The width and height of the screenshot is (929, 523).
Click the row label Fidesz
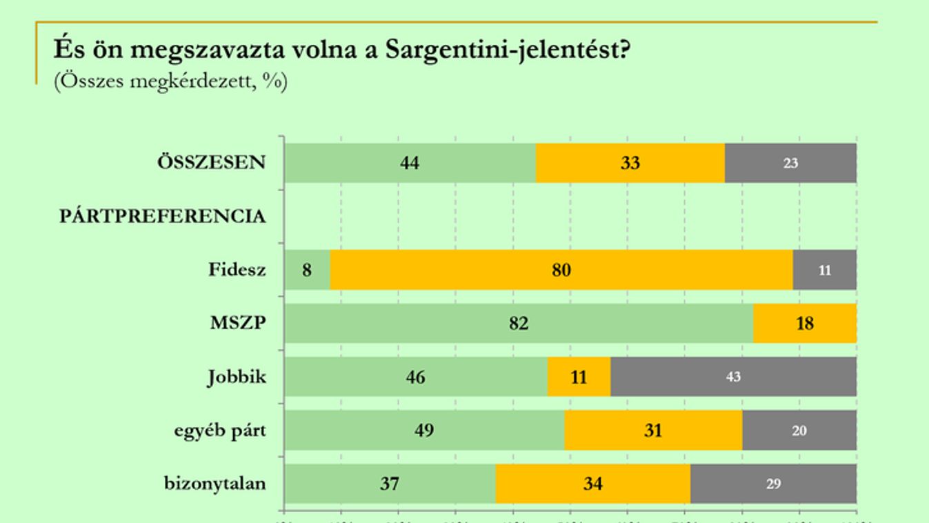pyautogui.click(x=237, y=269)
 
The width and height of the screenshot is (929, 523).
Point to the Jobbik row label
pyautogui.click(x=236, y=377)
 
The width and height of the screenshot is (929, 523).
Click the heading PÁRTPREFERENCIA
pyautogui.click(x=162, y=217)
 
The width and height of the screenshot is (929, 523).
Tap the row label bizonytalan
pyautogui.click(x=214, y=483)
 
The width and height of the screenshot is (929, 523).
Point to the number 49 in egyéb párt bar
pyautogui.click(x=423, y=431)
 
